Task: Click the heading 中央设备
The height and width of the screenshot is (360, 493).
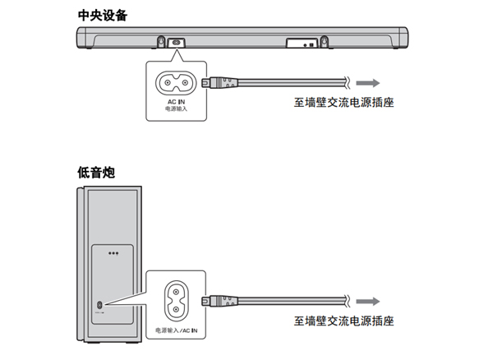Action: pos(102,14)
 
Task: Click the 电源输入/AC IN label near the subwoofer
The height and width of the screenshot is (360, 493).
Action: pos(177,330)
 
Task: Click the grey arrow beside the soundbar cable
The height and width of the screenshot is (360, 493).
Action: pos(369,82)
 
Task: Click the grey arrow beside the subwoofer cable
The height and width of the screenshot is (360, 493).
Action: pos(369,300)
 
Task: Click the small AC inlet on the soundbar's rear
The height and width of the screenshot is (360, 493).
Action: pos(176,41)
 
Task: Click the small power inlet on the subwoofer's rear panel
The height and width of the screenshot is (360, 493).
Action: pos(99,306)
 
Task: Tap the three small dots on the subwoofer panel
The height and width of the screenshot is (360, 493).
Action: pos(113,254)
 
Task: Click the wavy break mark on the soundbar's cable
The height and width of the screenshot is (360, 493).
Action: pos(348,82)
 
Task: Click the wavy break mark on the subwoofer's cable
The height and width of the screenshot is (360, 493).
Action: pos(348,300)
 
